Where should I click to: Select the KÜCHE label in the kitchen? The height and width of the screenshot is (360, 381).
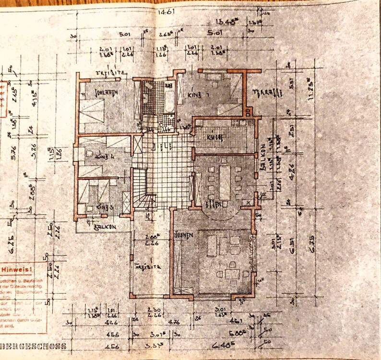point(215,137)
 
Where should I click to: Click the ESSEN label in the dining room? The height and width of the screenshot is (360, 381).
point(214,204)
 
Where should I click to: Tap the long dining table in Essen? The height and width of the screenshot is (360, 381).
point(224,182)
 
